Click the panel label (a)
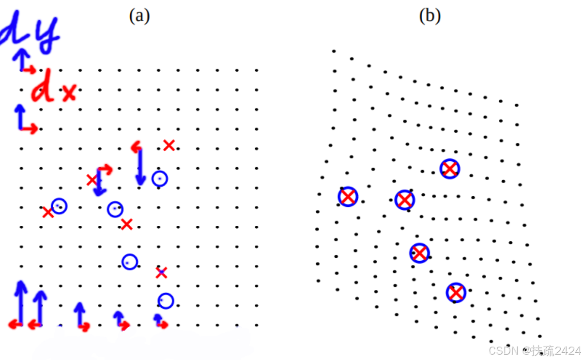(139, 16)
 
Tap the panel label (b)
(430, 16)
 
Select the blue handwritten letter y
(47, 34)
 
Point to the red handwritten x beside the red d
(69, 93)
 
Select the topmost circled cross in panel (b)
(450, 169)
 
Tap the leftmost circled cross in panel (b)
(348, 197)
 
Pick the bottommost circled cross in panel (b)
(456, 293)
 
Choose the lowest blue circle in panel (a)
(166, 301)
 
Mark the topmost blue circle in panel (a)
(160, 179)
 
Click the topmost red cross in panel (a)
(169, 145)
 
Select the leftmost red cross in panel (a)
(47, 212)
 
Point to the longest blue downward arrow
(140, 167)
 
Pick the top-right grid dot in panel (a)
(256, 70)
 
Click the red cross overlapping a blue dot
(161, 273)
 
